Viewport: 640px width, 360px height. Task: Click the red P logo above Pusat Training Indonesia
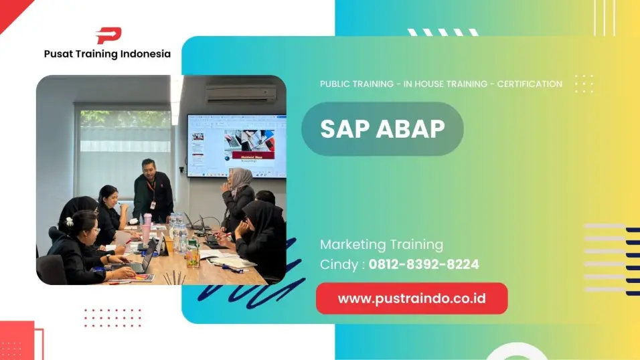tap(108, 35)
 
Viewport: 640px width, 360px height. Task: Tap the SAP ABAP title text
tap(382, 129)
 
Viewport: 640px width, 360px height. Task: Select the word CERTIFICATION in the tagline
tap(529, 84)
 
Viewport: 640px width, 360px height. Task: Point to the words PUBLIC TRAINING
tap(356, 84)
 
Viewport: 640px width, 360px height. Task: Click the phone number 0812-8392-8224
tap(424, 264)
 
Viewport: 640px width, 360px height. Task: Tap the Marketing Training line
tap(381, 244)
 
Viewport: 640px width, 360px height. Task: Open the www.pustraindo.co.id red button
tap(412, 298)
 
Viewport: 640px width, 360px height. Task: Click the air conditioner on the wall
tap(240, 93)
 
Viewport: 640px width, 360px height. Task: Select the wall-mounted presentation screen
tap(236, 145)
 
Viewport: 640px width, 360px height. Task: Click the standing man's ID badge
tap(153, 204)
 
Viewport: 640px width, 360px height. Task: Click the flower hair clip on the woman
tap(69, 221)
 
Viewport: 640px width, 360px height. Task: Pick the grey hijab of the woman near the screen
tap(240, 179)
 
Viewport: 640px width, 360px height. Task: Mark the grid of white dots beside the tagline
tap(584, 84)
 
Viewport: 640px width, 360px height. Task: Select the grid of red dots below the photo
tap(112, 318)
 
